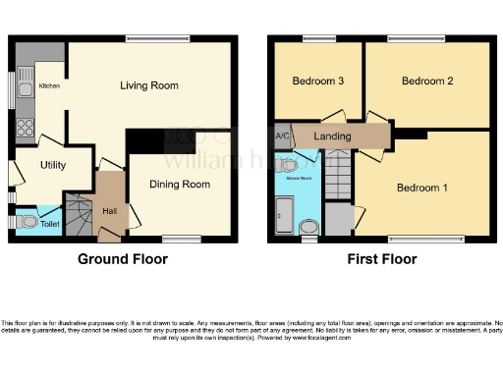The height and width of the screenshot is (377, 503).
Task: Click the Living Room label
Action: pyautogui.click(x=149, y=85)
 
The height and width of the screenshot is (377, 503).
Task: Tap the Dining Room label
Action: pyautogui.click(x=180, y=184)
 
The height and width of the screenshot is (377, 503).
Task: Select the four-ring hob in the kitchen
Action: pyautogui.click(x=25, y=126)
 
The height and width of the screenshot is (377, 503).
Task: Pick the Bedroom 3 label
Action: pyautogui.click(x=316, y=81)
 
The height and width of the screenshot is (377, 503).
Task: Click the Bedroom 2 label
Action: pyautogui.click(x=426, y=81)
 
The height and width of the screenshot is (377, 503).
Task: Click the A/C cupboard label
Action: pyautogui.click(x=281, y=135)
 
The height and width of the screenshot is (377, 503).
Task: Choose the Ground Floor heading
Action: pyautogui.click(x=123, y=260)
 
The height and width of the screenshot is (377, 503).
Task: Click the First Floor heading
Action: pyautogui.click(x=382, y=260)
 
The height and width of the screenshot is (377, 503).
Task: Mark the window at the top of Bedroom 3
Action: pyautogui.click(x=316, y=39)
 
